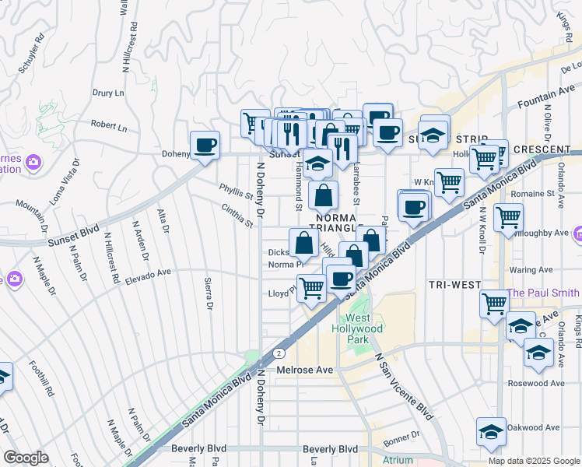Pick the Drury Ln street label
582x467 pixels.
pyautogui.click(x=108, y=93)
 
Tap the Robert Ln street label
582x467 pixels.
pyautogui.click(x=108, y=125)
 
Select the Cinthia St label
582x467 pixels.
pyautogui.click(x=237, y=215)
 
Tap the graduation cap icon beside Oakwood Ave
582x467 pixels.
pyautogui.click(x=491, y=432)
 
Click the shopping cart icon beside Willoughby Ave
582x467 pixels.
pyautogui.click(x=508, y=217)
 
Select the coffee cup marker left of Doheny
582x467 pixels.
pyautogui.click(x=205, y=145)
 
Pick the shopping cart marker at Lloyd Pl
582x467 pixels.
pyautogui.click(x=311, y=288)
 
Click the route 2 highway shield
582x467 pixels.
pyautogui.click(x=278, y=353)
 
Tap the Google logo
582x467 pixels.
pyautogui.click(x=26, y=458)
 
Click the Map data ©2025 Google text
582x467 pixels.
pyautogui.click(x=534, y=461)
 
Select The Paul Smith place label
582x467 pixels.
pyautogui.click(x=544, y=293)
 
